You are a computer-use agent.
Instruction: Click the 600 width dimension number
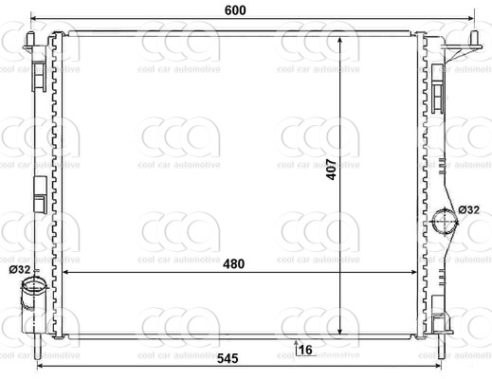(235, 10)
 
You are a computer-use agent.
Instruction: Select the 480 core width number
(234, 263)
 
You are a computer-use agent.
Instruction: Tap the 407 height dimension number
(332, 170)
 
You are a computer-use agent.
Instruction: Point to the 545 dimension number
(228, 358)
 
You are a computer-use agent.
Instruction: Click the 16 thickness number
(305, 350)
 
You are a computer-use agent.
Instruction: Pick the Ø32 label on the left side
(20, 270)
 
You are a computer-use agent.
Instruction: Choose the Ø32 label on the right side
(469, 209)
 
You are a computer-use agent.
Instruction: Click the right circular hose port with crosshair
(446, 222)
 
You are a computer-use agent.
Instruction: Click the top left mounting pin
(30, 41)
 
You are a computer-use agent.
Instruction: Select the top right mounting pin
(475, 40)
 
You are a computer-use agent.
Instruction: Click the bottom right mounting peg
(441, 346)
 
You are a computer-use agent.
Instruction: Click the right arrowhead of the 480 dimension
(413, 272)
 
